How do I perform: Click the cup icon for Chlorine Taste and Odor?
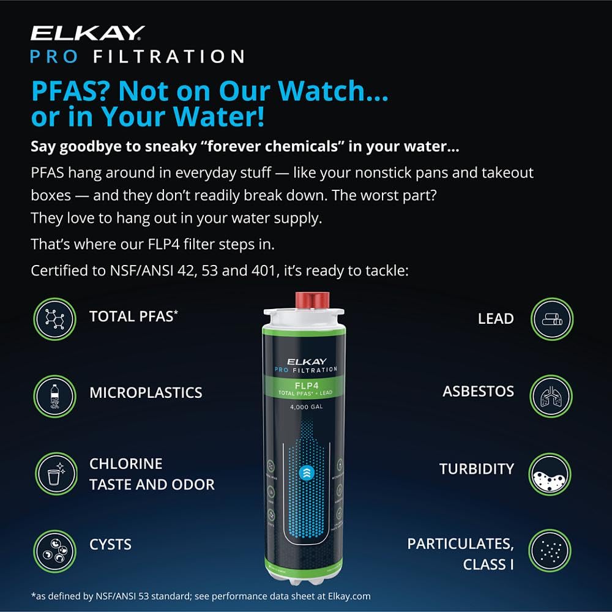(x=54, y=474)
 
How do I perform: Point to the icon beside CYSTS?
(x=54, y=551)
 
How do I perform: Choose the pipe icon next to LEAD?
(x=550, y=319)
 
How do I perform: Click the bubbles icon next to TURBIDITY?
(x=550, y=474)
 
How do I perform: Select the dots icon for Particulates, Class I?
(x=550, y=551)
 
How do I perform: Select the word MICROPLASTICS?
(x=146, y=393)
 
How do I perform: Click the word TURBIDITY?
(x=477, y=469)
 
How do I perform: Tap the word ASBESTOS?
(x=479, y=392)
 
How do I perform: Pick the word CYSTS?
(x=110, y=544)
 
